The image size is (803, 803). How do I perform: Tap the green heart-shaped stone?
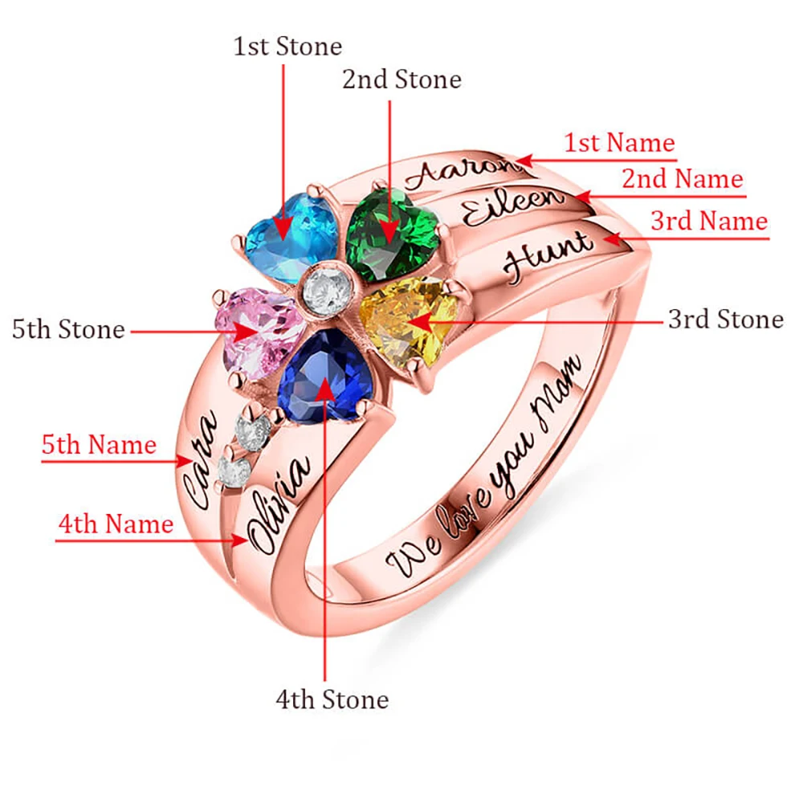tap(392, 234)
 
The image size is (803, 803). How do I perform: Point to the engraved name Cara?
tap(199, 459)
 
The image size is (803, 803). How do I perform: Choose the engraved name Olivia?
tap(280, 503)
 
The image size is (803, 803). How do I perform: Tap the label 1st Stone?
tap(287, 46)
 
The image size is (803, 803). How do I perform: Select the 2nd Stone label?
tap(401, 79)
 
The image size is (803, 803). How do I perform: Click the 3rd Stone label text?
tap(725, 319)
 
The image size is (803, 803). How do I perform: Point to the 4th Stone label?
tap(332, 699)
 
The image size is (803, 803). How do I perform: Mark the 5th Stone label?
tap(68, 329)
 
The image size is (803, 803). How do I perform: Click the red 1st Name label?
tap(618, 143)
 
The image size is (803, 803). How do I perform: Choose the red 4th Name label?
tap(116, 524)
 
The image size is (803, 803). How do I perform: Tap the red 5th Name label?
tap(99, 444)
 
